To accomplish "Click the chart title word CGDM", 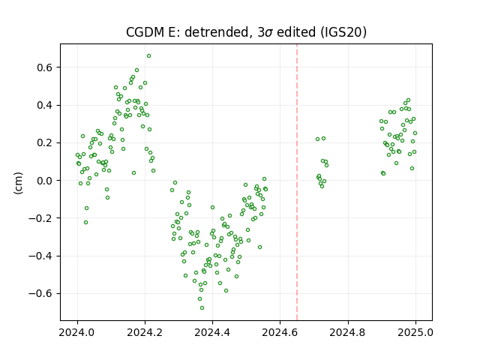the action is coord(145,32).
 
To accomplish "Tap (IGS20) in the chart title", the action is coord(343,32).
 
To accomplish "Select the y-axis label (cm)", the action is coord(18,183).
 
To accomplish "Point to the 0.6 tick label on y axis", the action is coord(44,67).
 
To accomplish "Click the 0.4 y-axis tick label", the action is coord(44,105).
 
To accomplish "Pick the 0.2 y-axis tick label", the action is coord(44,143).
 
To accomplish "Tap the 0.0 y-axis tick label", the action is coord(44,181).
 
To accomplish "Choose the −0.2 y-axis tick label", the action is coord(40,218).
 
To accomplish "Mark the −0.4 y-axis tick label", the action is coord(40,256).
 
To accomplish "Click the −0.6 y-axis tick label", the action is coord(40,293).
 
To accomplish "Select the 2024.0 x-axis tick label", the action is coord(77,332).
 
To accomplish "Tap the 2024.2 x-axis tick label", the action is coord(145,332).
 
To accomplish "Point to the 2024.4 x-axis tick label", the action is coord(212,332).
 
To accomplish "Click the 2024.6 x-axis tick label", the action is coord(280,332).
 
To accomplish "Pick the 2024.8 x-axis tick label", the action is coord(348,332).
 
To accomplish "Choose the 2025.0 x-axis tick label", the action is coord(415,332).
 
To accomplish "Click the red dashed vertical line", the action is coord(297,182).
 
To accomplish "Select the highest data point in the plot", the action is coord(148,56).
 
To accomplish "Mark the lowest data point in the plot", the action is coord(202,308).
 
